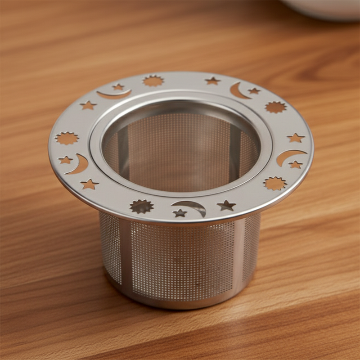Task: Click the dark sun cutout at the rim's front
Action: [141, 206]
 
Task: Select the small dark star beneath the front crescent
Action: [180, 213]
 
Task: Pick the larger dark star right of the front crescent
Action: [226, 206]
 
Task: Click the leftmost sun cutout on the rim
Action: [67, 138]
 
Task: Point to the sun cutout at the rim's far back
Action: [153, 81]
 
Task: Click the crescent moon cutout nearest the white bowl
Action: [238, 91]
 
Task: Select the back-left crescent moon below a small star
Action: [113, 94]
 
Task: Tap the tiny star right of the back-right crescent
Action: [254, 91]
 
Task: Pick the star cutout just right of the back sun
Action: [212, 81]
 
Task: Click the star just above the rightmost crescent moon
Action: [296, 138]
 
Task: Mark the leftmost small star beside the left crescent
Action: [66, 160]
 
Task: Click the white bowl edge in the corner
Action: [324, 11]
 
